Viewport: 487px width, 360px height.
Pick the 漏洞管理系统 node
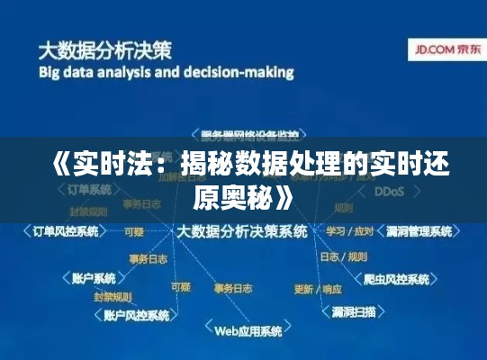(419, 231)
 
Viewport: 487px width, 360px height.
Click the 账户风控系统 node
(136, 316)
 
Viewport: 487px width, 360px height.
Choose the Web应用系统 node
(248, 330)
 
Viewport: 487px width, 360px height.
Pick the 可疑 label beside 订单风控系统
(133, 231)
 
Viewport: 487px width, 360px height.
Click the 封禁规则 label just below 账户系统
(112, 296)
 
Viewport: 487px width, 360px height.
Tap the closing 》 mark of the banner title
(285, 194)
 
